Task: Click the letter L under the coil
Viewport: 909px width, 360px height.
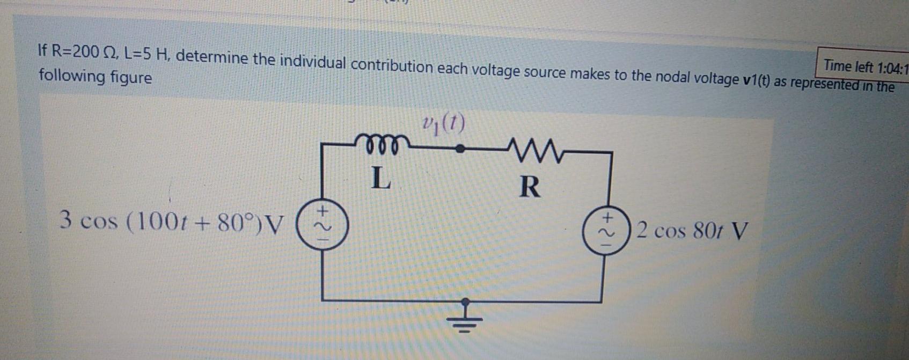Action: (x=380, y=178)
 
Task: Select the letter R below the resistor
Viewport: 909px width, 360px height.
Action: (x=530, y=187)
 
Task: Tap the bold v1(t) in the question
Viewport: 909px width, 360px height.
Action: (x=757, y=80)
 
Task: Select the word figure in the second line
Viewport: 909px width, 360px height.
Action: (x=131, y=78)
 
